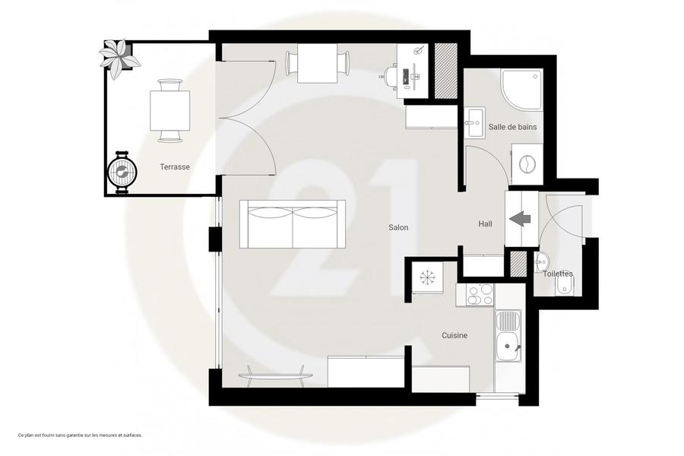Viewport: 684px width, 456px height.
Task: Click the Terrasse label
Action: pos(175,166)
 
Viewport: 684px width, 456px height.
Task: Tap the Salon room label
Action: pos(398,227)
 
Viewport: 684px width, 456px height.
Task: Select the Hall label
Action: pos(485,224)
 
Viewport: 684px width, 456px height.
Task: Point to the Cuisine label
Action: pos(454,336)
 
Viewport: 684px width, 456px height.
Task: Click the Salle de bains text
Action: pos(512,127)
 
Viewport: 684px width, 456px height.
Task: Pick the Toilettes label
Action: pos(558,274)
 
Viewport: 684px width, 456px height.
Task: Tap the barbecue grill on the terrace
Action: pos(122,173)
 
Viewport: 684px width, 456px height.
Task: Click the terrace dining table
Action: pos(170,110)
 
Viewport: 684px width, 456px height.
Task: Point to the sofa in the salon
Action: pos(293,224)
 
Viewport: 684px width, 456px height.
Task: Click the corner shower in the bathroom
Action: pos(521,90)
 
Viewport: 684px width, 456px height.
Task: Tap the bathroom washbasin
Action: pos(474,122)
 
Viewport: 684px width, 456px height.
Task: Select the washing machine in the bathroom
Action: pos(527,164)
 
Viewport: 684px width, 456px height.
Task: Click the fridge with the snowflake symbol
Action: pos(427,277)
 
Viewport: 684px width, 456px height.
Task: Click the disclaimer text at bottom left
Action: pos(81,435)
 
